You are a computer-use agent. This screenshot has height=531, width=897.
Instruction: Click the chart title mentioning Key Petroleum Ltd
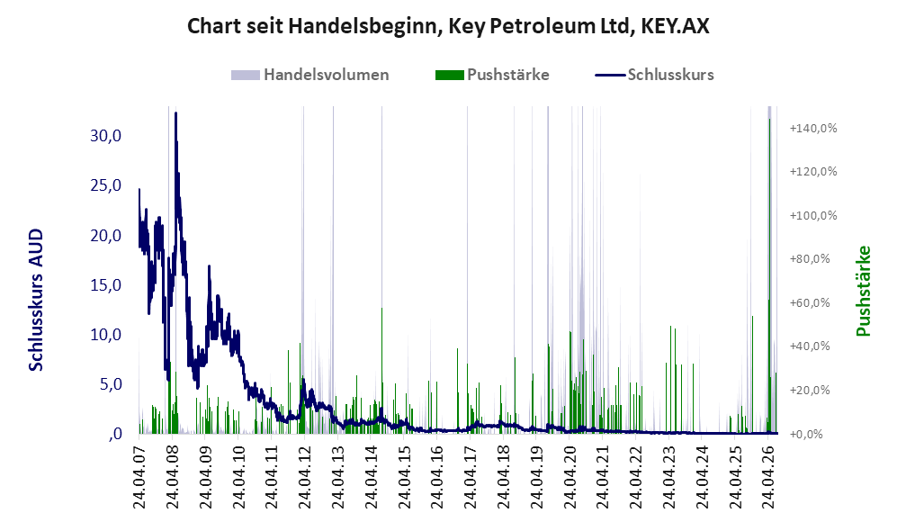pyautogui.click(x=448, y=26)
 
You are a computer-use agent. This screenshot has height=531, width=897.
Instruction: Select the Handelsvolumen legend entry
pyautogui.click(x=310, y=75)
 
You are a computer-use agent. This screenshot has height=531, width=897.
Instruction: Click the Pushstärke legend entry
pyautogui.click(x=492, y=75)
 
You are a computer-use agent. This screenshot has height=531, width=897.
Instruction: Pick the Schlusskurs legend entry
pyautogui.click(x=654, y=75)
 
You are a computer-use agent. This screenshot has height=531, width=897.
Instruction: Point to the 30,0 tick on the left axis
pyautogui.click(x=106, y=136)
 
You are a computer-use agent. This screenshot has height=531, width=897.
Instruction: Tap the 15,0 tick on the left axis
pyautogui.click(x=106, y=284)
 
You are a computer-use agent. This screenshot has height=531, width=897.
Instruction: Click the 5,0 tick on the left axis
pyautogui.click(x=111, y=384)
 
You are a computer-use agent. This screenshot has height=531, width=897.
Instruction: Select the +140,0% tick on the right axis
pyautogui.click(x=813, y=128)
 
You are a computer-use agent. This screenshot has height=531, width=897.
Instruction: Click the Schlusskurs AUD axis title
pyautogui.click(x=36, y=300)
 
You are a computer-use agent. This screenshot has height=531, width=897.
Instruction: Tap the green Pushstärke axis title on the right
pyautogui.click(x=863, y=291)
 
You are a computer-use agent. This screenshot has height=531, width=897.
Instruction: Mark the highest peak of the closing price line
pyautogui.click(x=175, y=113)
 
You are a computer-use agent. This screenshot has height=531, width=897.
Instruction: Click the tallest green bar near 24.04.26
pyautogui.click(x=769, y=275)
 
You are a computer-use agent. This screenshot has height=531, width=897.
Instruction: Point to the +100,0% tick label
pyautogui.click(x=813, y=216)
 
